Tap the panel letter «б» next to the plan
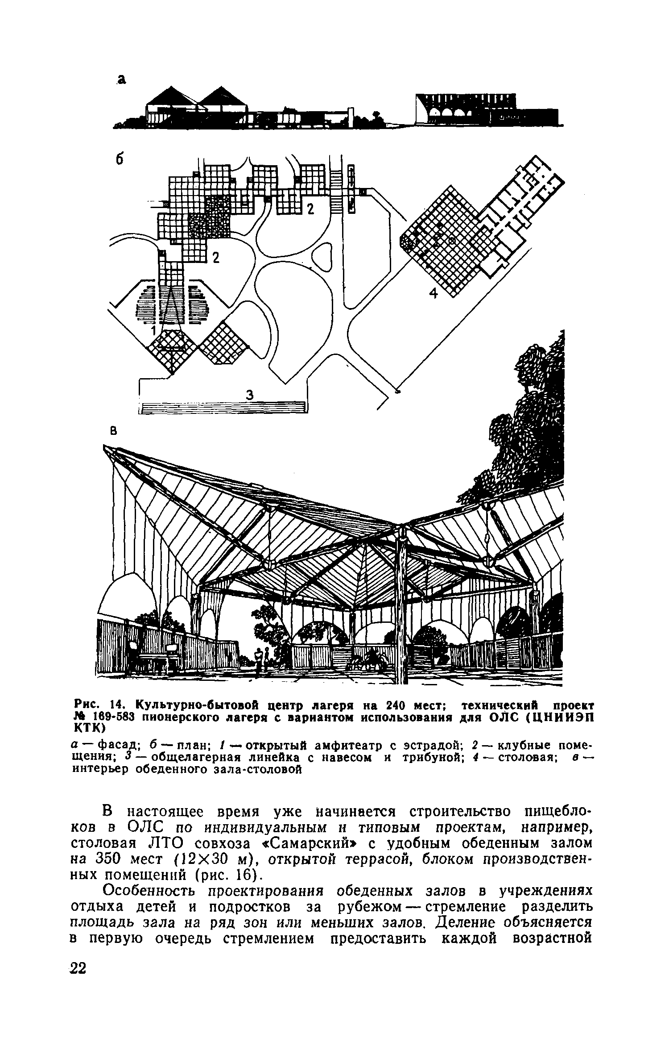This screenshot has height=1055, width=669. [119, 160]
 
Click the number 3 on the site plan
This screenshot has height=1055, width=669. [250, 395]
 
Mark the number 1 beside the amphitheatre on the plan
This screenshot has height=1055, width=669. [153, 331]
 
